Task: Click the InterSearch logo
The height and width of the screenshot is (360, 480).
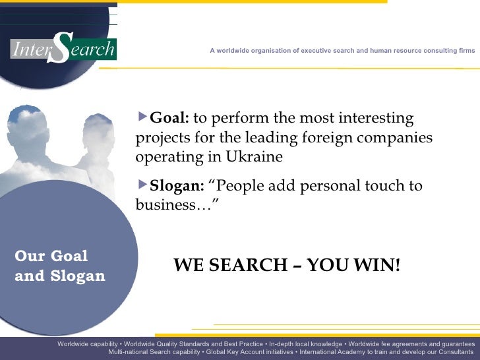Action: (x=63, y=49)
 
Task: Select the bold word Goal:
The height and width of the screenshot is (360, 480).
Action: (x=169, y=119)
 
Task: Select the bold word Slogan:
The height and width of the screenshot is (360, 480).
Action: (x=177, y=186)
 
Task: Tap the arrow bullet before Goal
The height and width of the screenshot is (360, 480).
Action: (x=143, y=118)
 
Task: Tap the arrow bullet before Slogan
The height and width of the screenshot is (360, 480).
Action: (x=143, y=185)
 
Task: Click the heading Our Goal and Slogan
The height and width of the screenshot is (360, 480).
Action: (x=59, y=266)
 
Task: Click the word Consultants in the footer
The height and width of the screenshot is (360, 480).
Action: (x=451, y=352)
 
